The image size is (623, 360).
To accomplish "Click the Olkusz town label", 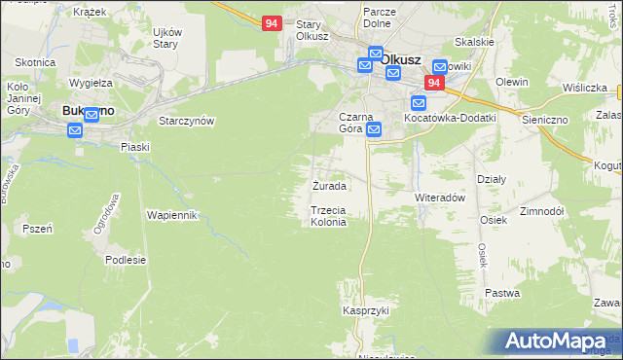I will pos(400,58).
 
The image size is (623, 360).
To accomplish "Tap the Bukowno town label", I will pos(88,111).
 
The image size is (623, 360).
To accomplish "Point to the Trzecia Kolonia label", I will pos(328,216).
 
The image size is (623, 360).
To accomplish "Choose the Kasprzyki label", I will pos(365,310).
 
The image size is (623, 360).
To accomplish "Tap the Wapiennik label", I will pos(172,214).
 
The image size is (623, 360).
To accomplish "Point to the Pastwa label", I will pos(502,293).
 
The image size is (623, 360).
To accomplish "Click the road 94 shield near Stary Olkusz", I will pos(273,22).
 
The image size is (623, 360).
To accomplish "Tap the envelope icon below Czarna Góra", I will pos(374,129).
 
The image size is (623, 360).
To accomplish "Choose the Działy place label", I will pos(491,178).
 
